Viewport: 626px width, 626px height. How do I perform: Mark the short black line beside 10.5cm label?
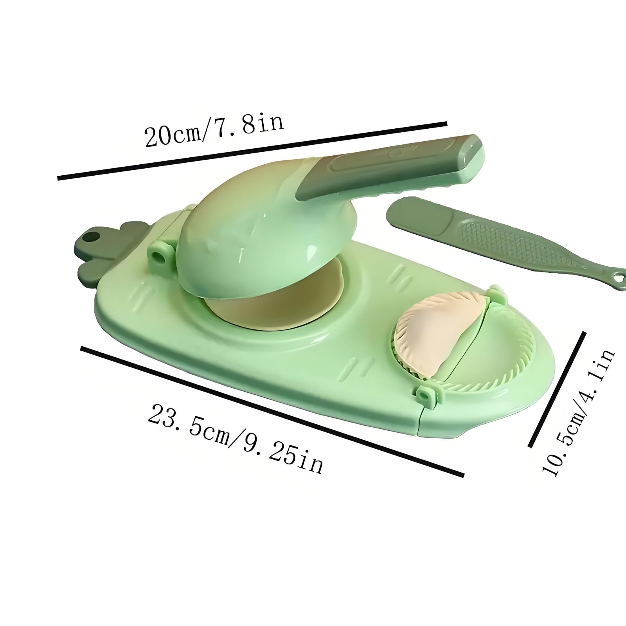[x=557, y=389]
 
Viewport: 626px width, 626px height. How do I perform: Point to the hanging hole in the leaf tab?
[x=94, y=247]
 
